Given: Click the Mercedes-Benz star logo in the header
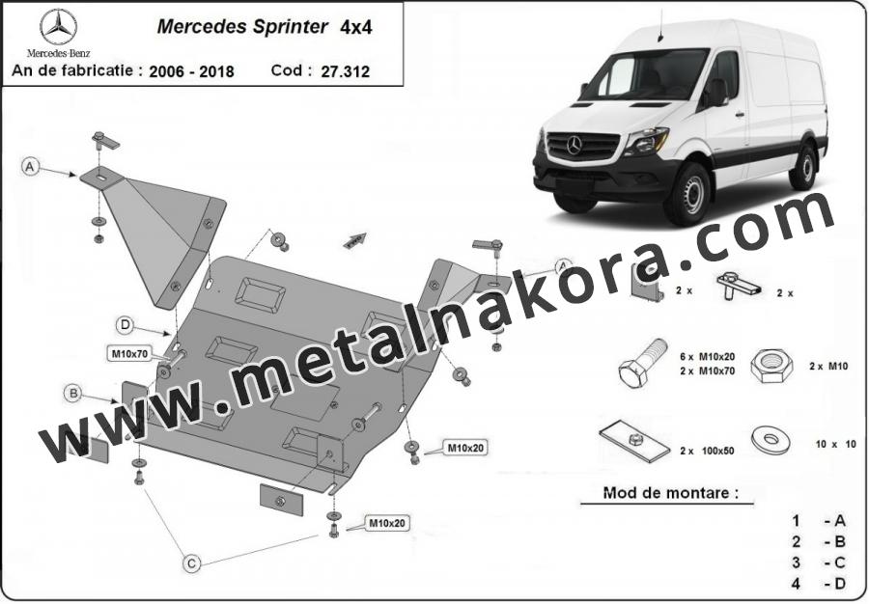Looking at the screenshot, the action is [x=58, y=28].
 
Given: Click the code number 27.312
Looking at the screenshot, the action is [x=345, y=72].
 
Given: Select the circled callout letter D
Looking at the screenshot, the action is [x=126, y=325].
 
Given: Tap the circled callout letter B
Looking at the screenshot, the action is [x=73, y=394].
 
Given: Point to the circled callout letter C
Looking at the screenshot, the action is [x=191, y=563].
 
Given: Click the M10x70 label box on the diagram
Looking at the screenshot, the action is [x=129, y=354].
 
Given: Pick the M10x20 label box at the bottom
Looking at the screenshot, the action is [x=387, y=523].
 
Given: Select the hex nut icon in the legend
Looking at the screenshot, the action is [x=771, y=366].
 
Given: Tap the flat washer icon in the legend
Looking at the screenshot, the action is [x=771, y=440].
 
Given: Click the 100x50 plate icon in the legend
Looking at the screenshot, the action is [x=635, y=441].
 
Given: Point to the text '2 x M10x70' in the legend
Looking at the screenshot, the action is [x=707, y=371].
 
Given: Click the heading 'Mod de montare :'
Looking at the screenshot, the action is [x=671, y=493].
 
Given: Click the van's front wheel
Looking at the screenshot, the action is [x=688, y=194].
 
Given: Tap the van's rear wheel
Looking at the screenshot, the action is [x=804, y=166].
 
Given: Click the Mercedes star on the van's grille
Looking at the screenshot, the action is [x=575, y=145].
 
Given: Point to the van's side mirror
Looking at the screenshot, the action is [x=716, y=93].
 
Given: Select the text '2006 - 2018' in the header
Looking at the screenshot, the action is [x=192, y=71].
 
